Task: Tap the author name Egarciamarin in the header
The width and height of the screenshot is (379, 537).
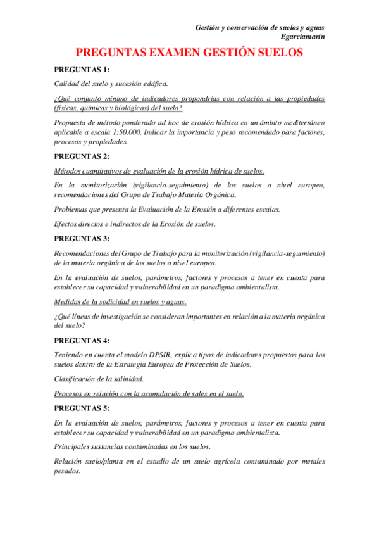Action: tap(303, 37)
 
